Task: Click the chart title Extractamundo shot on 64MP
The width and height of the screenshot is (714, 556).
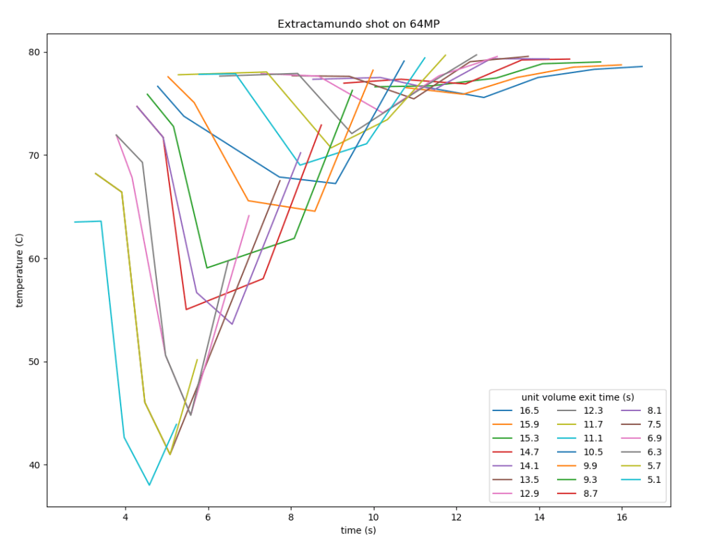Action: [x=358, y=24]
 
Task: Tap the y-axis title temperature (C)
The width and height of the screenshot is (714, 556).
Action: [x=20, y=270]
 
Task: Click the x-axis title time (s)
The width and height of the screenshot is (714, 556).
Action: [x=358, y=530]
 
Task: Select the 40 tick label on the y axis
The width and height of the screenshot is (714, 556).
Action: [x=34, y=465]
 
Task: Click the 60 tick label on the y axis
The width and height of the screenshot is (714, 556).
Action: [x=34, y=258]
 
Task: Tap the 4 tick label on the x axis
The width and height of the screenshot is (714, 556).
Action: [x=126, y=517]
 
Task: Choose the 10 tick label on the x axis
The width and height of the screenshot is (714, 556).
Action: [x=374, y=517]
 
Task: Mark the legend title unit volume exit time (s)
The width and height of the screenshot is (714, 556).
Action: [x=577, y=397]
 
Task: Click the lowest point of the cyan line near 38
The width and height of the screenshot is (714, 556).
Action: [x=149, y=485]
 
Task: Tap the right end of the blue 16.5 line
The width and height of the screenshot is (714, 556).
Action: [x=642, y=66]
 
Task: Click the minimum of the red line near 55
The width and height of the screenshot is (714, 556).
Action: [x=186, y=309]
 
